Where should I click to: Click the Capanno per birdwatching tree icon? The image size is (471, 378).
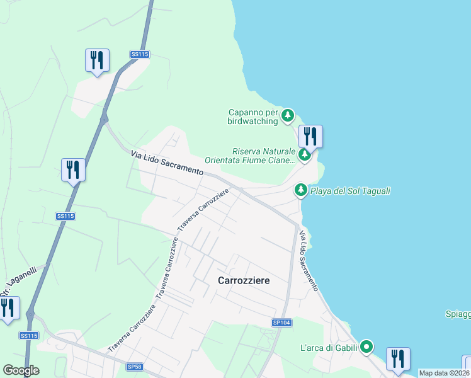point(288,115)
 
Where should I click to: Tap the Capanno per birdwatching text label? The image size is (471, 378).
point(253,117)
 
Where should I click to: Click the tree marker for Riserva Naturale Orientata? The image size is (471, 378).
point(305,154)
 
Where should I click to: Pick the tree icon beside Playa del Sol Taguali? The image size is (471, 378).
point(301,189)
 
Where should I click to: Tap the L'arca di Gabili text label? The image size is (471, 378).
point(328,347)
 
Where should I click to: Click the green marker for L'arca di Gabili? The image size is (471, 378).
point(366,346)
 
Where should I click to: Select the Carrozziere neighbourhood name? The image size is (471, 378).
point(244,280)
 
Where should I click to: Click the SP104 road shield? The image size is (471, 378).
point(281,323)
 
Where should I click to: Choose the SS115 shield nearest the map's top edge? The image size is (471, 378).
point(140,55)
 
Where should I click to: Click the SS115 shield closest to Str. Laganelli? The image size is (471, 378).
point(28,335)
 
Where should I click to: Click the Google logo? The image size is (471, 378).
point(21,370)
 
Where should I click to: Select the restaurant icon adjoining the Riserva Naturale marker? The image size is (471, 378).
point(310,135)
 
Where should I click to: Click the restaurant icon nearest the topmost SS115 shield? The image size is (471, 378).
point(97,60)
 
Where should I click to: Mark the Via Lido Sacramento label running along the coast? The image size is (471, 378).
point(309,261)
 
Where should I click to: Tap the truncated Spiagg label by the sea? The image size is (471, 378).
point(458,314)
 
